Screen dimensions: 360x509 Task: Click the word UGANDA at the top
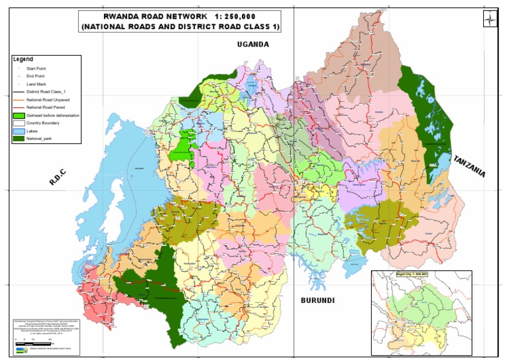click(254, 44)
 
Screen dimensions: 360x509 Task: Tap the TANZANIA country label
click(469, 166)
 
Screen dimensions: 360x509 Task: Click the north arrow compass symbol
click(490, 20)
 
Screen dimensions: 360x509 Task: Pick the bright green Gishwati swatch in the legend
click(18, 115)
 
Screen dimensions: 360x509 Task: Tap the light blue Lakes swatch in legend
click(18, 131)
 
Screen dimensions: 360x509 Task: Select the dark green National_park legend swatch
click(18, 139)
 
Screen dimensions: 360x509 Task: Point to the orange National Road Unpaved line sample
click(18, 99)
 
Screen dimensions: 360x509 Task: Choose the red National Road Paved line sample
click(18, 107)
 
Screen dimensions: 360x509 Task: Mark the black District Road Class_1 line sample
click(18, 91)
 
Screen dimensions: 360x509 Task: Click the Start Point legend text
click(36, 68)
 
